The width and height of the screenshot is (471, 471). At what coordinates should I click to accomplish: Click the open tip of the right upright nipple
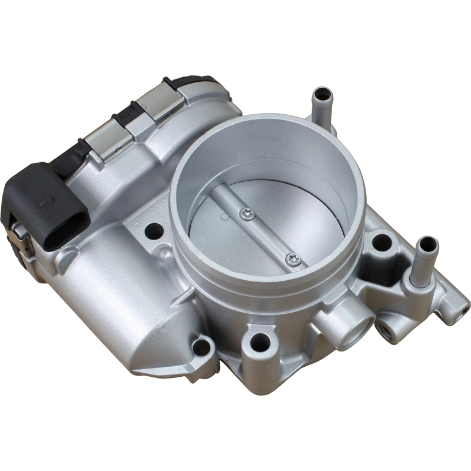[425, 244]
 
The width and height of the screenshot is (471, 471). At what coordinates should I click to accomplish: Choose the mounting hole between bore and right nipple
[381, 241]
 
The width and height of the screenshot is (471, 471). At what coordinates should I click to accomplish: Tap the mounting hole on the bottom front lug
[260, 340]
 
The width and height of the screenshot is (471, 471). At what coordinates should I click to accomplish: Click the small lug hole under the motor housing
[202, 346]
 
